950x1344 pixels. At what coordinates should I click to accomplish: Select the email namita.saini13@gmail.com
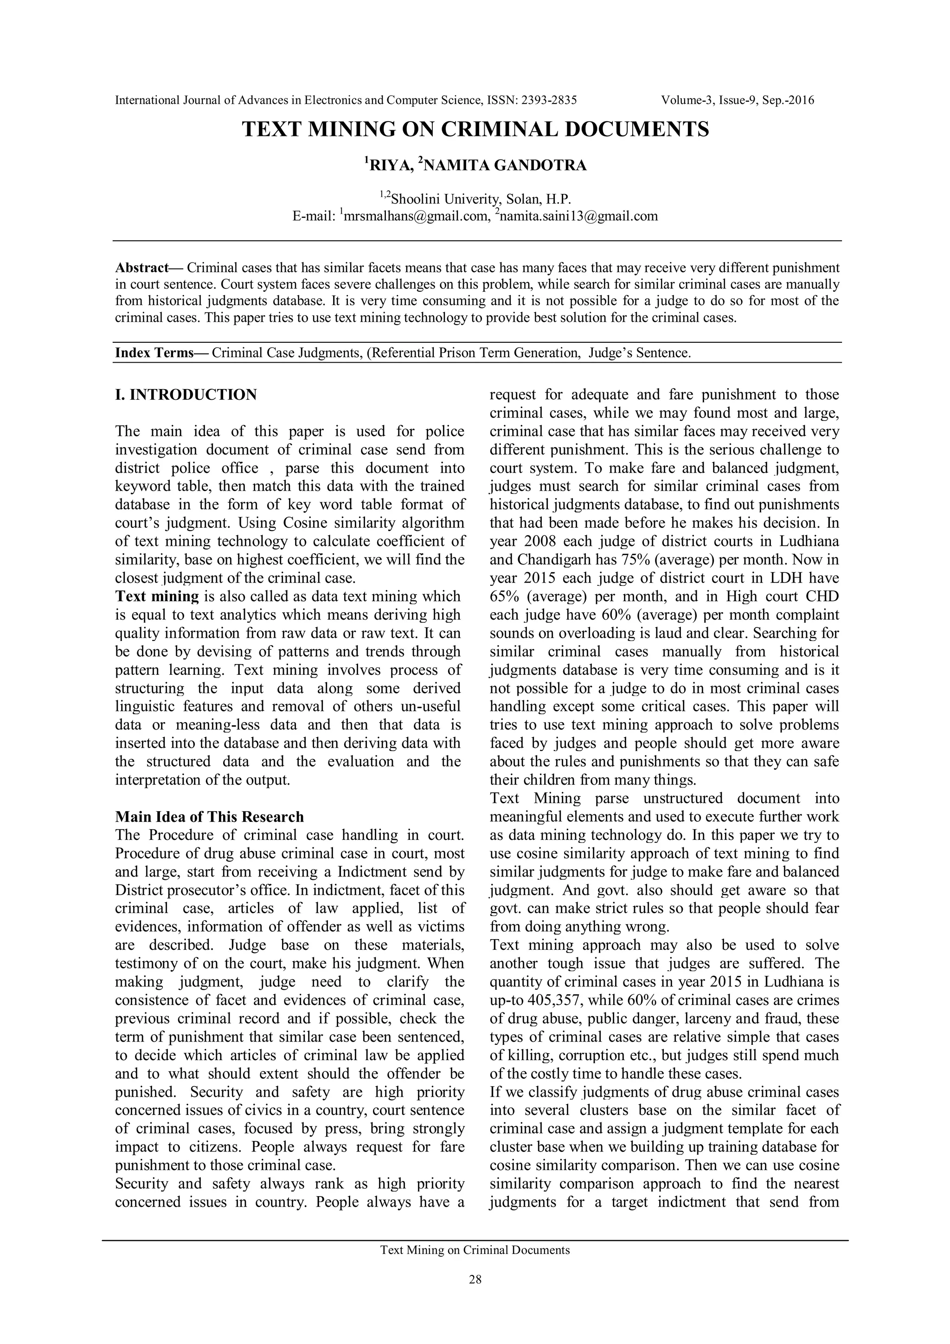[578, 217]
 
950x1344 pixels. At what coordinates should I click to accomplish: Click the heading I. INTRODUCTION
[186, 395]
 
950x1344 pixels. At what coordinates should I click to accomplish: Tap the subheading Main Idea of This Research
[209, 817]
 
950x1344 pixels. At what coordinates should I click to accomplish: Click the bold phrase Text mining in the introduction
[157, 597]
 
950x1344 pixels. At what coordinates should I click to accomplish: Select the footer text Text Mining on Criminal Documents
[475, 1250]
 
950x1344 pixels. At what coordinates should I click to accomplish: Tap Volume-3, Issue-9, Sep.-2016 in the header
[738, 100]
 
